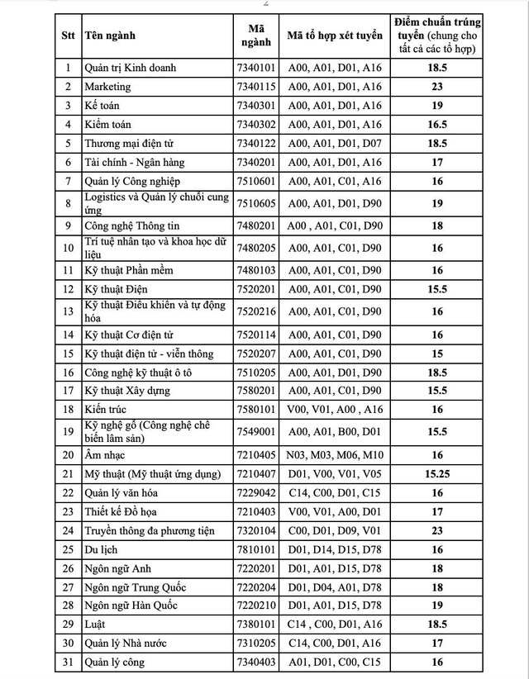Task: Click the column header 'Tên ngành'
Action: point(109,36)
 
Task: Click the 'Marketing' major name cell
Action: point(108,86)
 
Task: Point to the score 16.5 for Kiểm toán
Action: point(437,124)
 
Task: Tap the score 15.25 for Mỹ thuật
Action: point(437,473)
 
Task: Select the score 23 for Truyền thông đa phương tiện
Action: point(437,530)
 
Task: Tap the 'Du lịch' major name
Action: point(100,549)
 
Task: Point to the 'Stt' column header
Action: point(69,36)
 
